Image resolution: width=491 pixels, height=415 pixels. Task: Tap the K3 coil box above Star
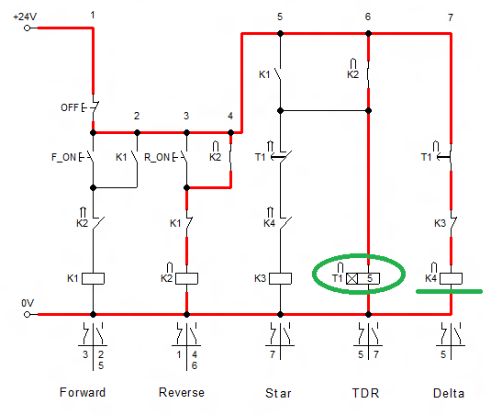pos(280,277)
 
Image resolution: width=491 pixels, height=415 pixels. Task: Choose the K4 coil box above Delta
pos(451,277)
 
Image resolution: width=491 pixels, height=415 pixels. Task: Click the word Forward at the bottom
pos(83,393)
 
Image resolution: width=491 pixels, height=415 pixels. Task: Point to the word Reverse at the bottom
pos(182,393)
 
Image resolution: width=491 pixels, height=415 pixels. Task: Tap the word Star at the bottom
pos(280,393)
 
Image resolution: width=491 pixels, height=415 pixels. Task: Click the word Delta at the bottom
pos(449,393)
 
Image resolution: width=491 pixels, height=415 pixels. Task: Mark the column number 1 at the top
pos(94,17)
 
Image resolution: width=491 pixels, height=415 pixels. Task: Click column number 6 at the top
pos(368,17)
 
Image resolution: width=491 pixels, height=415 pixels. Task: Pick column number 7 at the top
pos(450,17)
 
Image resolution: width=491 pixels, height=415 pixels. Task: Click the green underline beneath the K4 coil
pos(450,292)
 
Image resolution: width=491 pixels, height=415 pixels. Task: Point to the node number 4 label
pos(230,116)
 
